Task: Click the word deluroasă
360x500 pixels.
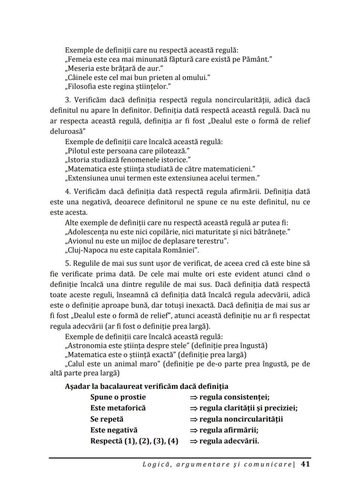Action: pos(67,130)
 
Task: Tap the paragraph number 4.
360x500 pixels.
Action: pos(67,191)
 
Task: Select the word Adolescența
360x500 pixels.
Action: pos(87,232)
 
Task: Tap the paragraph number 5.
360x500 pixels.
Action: pos(67,264)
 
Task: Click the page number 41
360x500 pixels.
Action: pos(305,464)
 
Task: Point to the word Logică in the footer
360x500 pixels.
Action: pos(155,464)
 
